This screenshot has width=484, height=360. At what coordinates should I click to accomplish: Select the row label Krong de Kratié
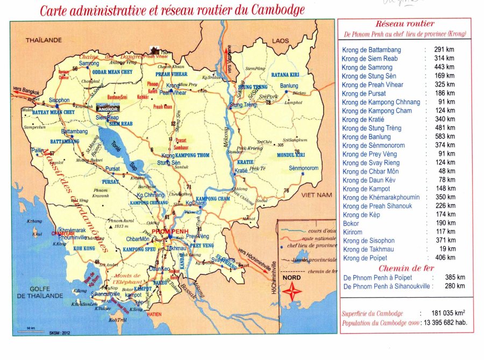coord(365,119)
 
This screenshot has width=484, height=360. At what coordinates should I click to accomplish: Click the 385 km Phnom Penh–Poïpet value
coord(455,277)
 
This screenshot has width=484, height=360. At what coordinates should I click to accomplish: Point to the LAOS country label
coord(280,41)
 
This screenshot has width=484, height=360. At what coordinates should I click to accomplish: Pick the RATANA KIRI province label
coord(284,74)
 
